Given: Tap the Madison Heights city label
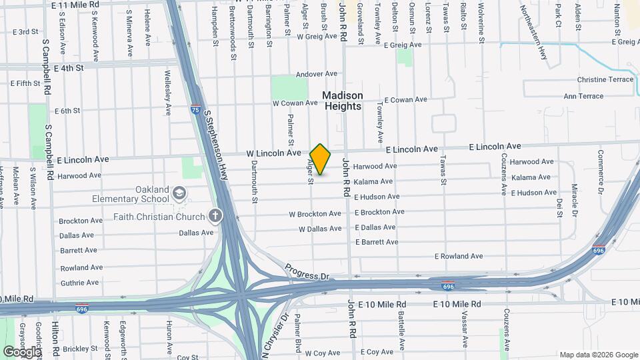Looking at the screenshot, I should (x=343, y=101).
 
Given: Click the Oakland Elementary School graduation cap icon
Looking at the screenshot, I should (x=179, y=194).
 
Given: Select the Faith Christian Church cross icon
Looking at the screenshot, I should (x=215, y=216).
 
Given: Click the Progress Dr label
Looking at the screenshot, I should (x=307, y=272).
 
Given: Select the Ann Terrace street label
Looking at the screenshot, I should (x=583, y=96).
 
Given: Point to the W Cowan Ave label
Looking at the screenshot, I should (x=295, y=103).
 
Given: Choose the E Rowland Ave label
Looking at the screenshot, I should (x=459, y=256).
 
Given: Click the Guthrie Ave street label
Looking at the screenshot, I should (x=79, y=283).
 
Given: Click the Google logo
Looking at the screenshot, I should (x=21, y=351).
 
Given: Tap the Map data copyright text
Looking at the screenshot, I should (x=598, y=355).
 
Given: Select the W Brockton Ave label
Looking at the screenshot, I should (x=315, y=214).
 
